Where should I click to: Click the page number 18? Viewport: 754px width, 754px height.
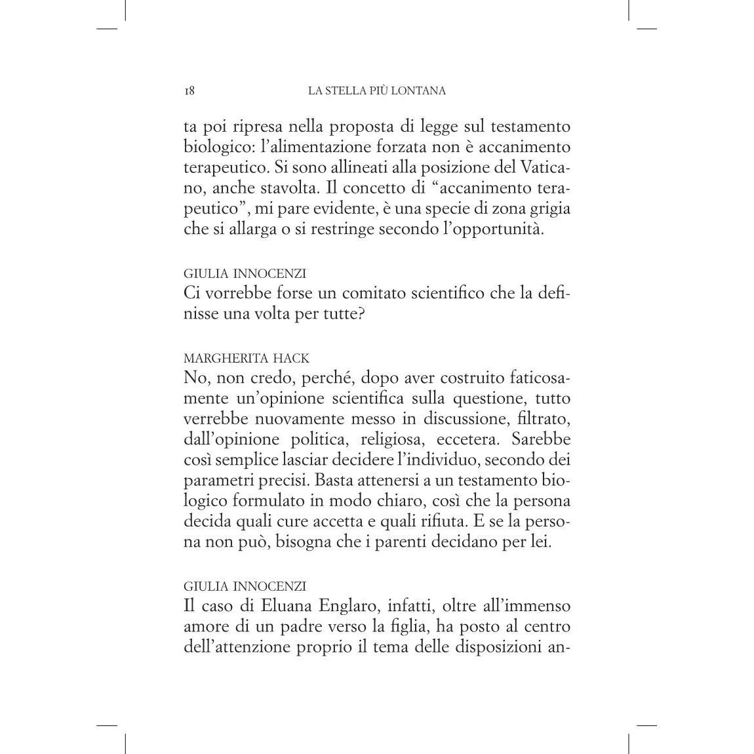[x=189, y=91]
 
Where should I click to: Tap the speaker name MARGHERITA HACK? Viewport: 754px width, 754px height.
[x=247, y=359]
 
